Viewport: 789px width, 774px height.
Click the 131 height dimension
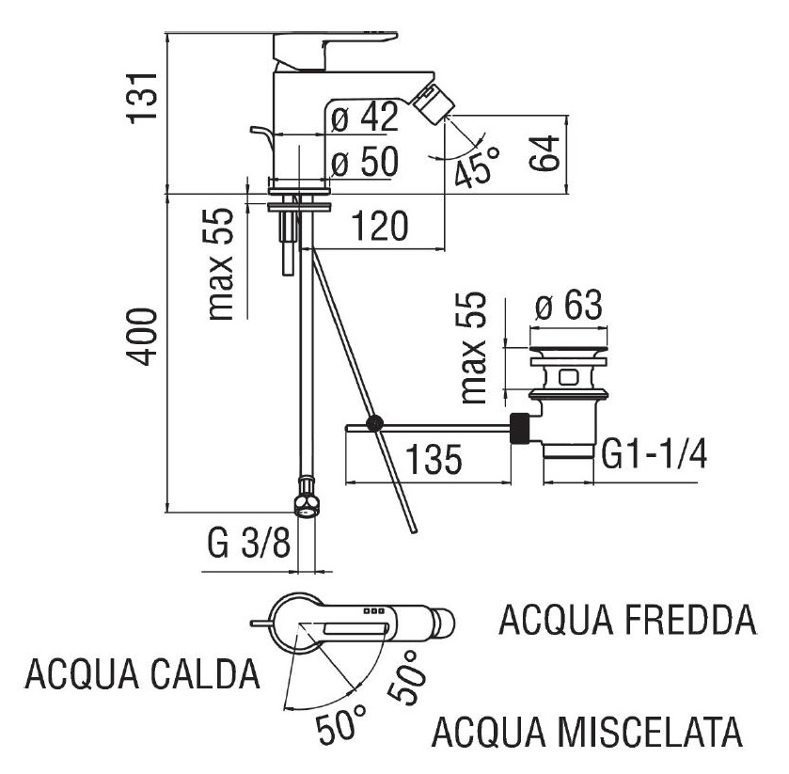point(142,95)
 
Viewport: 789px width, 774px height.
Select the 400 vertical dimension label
point(142,338)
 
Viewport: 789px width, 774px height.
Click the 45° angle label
point(476,168)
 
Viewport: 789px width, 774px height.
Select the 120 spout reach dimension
point(380,227)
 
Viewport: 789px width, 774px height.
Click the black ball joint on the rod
point(376,424)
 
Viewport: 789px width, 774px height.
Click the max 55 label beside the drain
point(477,345)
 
